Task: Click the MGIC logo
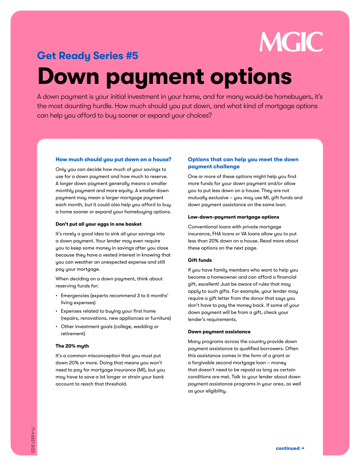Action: [291, 42]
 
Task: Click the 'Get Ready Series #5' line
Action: [88, 55]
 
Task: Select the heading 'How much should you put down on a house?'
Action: [114, 159]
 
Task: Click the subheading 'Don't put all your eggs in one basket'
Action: [99, 224]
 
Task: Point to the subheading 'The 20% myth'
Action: [72, 346]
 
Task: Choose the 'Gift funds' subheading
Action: [200, 260]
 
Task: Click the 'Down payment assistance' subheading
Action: [219, 332]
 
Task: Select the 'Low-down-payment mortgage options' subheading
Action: [233, 217]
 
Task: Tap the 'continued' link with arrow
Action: [290, 448]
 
